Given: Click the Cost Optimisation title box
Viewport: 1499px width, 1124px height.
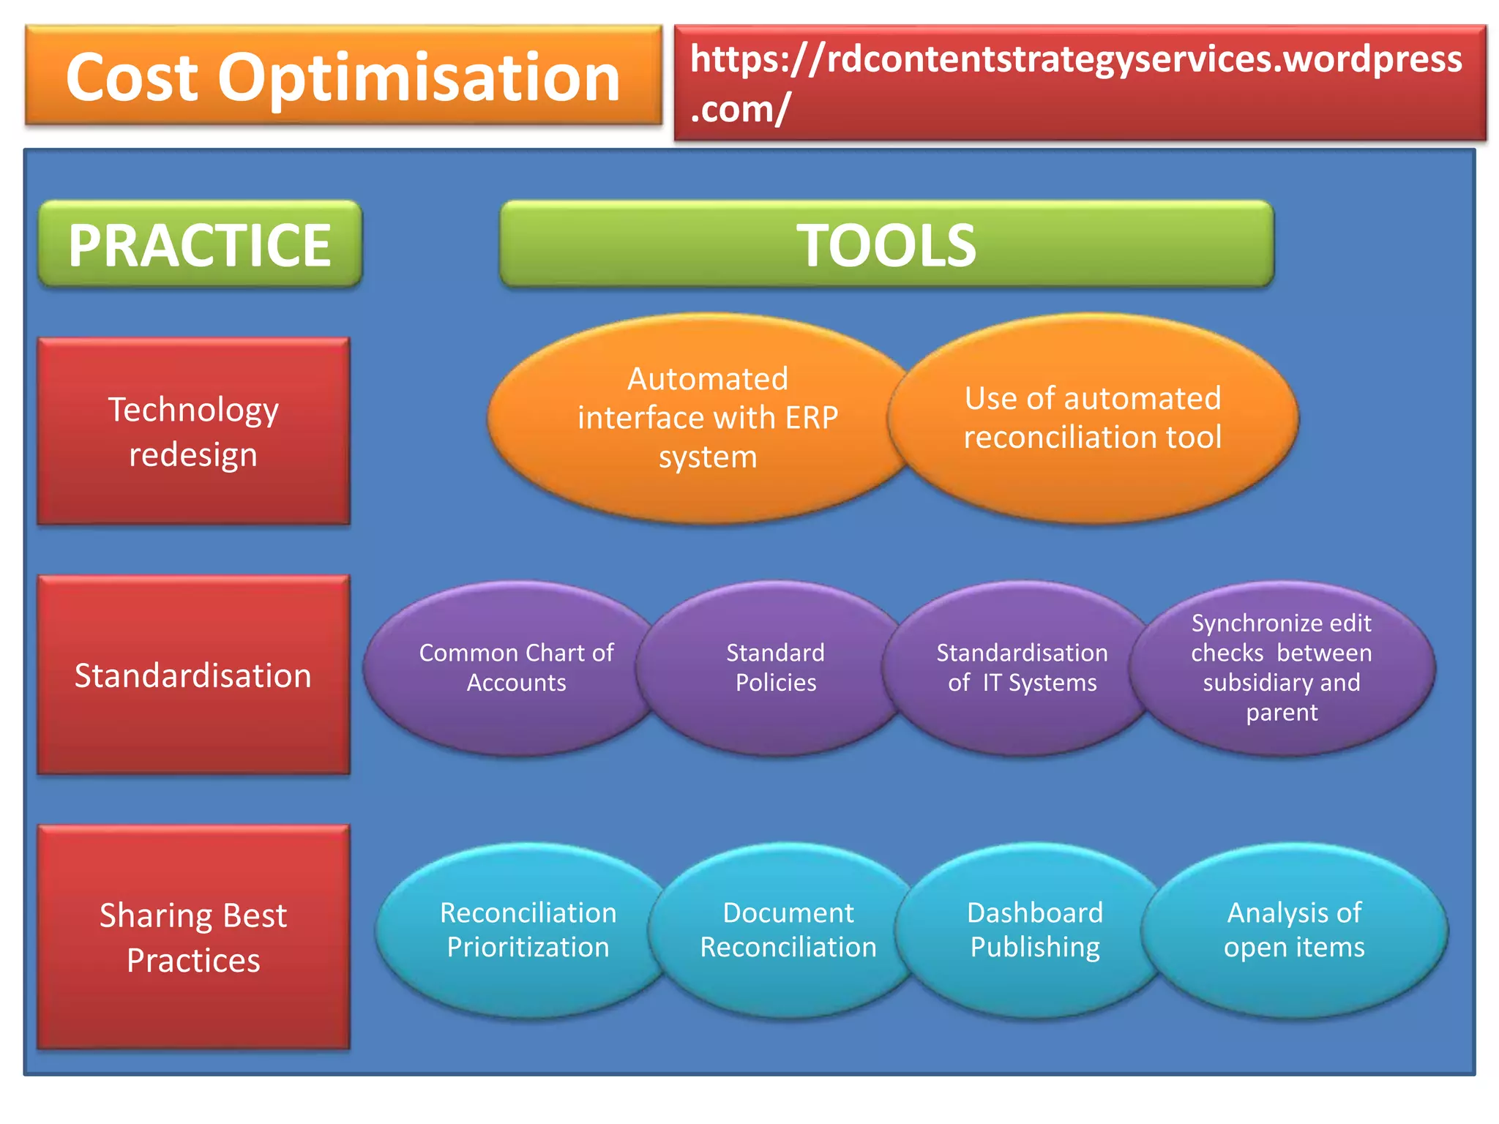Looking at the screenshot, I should pyautogui.click(x=343, y=76).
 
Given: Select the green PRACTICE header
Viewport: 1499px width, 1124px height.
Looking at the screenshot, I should pyautogui.click(x=200, y=244).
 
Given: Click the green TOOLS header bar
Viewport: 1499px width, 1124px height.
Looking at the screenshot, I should pyautogui.click(x=886, y=244).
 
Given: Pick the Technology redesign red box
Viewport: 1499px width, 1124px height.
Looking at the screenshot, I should pyautogui.click(x=193, y=431).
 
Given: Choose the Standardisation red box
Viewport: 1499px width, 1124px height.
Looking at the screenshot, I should pyautogui.click(x=193, y=675).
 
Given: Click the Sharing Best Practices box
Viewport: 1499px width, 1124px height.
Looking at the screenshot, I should pyautogui.click(x=193, y=937).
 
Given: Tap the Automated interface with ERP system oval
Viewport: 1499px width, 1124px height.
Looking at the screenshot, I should pyautogui.click(x=707, y=418).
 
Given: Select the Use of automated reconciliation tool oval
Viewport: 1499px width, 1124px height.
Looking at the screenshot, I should pyautogui.click(x=1093, y=418).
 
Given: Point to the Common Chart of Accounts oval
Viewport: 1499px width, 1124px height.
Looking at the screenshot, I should pyautogui.click(x=516, y=667).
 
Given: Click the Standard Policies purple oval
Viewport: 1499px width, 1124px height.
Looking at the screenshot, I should pyautogui.click(x=775, y=667).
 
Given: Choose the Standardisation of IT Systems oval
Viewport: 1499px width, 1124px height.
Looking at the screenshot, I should pyautogui.click(x=1022, y=667).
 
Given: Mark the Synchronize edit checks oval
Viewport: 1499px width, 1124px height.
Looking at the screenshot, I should pyautogui.click(x=1282, y=667).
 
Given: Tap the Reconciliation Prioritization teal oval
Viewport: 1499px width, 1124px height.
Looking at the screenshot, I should pyautogui.click(x=528, y=929).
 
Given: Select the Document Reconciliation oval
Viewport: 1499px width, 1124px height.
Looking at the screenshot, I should pyautogui.click(x=788, y=929).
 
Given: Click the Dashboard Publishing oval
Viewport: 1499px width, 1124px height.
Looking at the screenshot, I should pyautogui.click(x=1035, y=929).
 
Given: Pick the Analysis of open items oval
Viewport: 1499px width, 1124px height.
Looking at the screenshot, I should pyautogui.click(x=1294, y=929).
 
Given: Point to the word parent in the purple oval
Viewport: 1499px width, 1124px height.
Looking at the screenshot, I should pyautogui.click(x=1282, y=712).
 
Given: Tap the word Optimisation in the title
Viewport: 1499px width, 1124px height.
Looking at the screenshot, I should pyautogui.click(x=419, y=78).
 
